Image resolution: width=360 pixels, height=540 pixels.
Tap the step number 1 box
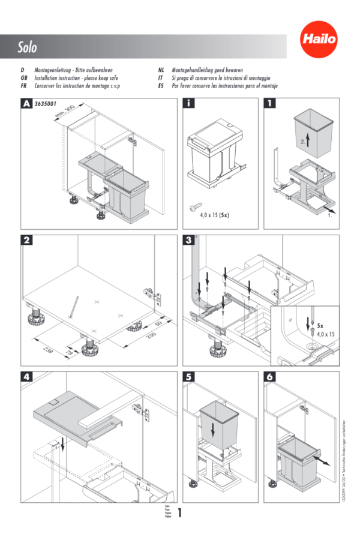pos(270,103)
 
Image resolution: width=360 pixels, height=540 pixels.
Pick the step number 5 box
pos(188,377)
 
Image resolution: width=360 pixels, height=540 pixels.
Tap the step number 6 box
pos(270,377)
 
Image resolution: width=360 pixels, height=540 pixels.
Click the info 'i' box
pos(188,103)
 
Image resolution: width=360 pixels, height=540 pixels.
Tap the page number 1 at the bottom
pos(179,512)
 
